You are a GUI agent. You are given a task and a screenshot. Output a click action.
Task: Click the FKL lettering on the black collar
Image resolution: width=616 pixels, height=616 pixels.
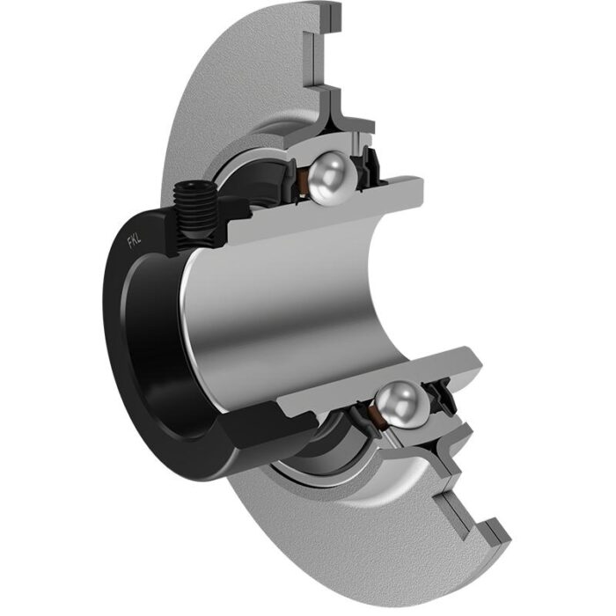click(134, 240)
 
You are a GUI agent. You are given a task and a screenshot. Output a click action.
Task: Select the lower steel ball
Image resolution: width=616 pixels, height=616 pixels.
click(402, 403)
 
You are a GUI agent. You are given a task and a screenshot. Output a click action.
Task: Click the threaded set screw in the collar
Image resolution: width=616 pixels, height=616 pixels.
click(195, 214)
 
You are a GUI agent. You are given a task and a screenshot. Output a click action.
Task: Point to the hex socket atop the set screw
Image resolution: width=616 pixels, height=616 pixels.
click(195, 185)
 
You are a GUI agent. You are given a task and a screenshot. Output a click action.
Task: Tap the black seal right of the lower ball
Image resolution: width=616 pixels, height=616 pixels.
click(442, 396)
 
